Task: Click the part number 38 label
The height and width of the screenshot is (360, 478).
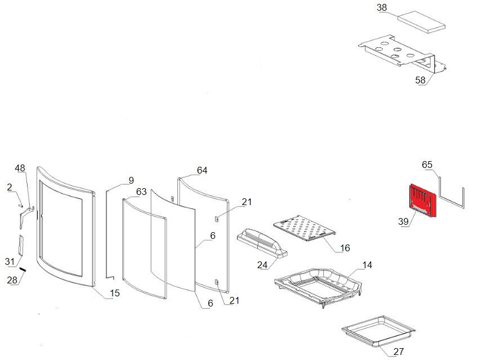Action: tap(382, 8)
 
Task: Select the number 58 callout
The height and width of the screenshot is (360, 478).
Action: tap(421, 81)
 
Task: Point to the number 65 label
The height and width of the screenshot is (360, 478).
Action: tap(427, 165)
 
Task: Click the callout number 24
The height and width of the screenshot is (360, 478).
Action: tap(262, 264)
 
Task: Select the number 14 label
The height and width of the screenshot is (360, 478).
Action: tap(367, 265)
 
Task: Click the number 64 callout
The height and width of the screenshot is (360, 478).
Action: tap(202, 170)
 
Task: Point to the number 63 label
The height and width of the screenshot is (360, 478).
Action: tap(141, 192)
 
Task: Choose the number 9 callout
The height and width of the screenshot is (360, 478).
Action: tap(131, 181)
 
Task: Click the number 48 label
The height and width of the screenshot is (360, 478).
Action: tap(20, 168)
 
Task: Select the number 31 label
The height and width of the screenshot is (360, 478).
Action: tap(9, 261)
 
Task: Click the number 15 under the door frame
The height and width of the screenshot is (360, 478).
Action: tap(114, 293)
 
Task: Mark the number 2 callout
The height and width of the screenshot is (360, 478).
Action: tap(10, 186)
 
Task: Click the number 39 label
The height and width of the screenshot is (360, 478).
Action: tap(403, 222)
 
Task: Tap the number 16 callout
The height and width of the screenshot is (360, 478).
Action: tap(345, 248)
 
